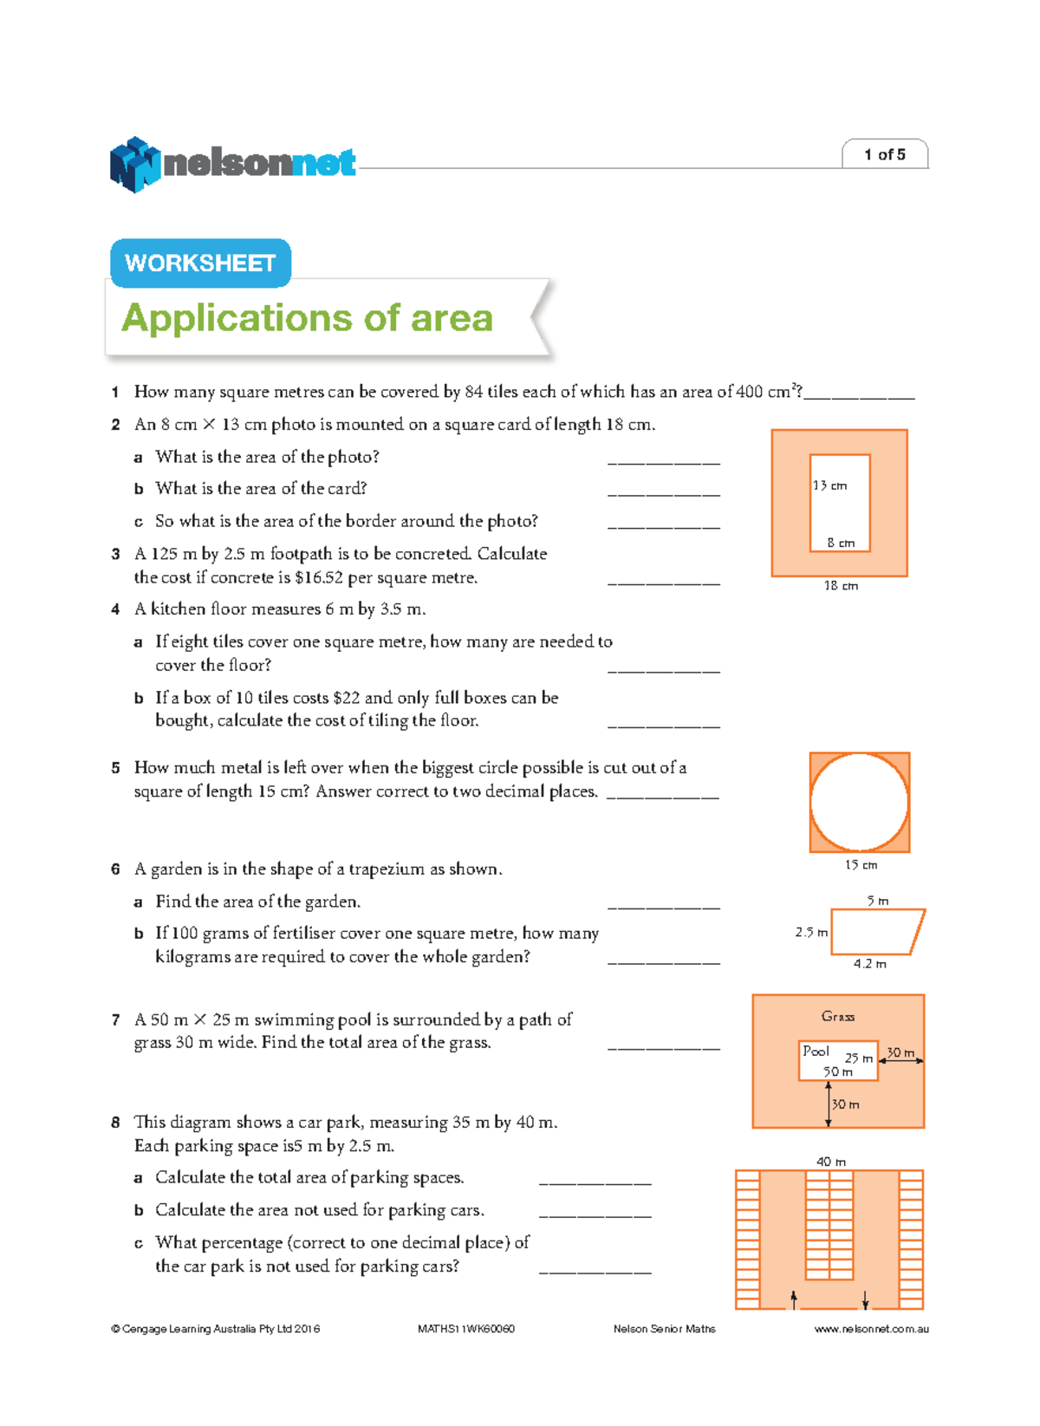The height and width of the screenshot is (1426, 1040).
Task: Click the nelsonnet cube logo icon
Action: tap(134, 165)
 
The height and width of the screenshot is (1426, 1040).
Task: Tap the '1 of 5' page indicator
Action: tap(884, 154)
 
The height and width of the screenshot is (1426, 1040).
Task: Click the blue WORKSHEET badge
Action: tap(200, 263)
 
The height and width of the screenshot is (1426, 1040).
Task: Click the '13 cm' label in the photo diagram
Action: tap(829, 485)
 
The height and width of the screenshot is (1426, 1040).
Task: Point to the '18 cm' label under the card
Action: tap(841, 586)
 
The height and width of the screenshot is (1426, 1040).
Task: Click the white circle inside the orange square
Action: tap(859, 802)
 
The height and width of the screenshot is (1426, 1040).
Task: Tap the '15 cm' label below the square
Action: tap(861, 864)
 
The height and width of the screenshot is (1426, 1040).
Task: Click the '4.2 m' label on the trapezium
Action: tap(869, 963)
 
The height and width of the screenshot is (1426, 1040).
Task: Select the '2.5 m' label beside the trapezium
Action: tap(810, 932)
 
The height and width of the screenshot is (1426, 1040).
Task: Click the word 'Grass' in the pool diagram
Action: tap(837, 1016)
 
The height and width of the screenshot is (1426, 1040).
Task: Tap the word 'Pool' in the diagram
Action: tap(816, 1051)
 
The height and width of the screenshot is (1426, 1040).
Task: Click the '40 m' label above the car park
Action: tap(830, 1161)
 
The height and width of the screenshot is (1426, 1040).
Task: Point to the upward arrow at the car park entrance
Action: tap(794, 1298)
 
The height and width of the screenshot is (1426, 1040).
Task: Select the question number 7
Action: tap(115, 1020)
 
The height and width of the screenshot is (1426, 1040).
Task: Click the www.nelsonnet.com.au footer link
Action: tap(871, 1329)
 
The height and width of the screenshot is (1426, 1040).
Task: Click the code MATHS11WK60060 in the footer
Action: tap(466, 1329)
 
